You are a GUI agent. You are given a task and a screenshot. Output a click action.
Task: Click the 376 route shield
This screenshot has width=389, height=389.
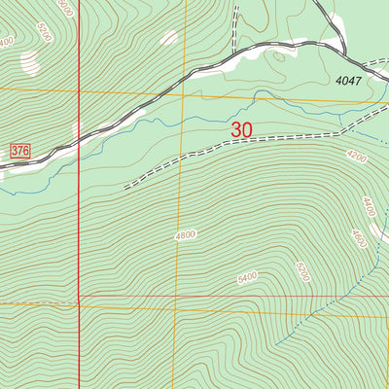[19, 150]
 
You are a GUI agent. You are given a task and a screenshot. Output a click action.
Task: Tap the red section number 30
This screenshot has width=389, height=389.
[243, 128]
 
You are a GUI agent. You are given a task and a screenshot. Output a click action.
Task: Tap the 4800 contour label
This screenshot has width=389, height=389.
[187, 234]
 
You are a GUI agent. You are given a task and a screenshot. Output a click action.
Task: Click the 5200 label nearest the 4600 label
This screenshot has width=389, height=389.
[303, 271]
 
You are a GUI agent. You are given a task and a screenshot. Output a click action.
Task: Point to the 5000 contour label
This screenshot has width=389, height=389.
[65, 8]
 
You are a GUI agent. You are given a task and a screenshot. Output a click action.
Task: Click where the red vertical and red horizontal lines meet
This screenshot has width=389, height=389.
[78, 298]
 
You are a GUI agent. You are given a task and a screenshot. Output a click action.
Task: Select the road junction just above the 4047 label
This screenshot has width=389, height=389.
[344, 53]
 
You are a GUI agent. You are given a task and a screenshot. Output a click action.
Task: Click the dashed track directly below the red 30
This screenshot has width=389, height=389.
[243, 143]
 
